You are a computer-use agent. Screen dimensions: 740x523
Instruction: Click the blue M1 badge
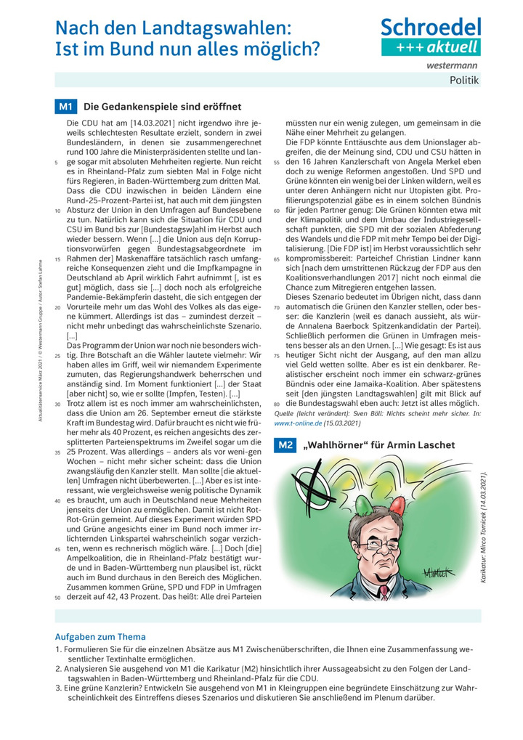[65, 107]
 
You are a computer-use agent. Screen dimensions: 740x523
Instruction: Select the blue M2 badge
[283, 444]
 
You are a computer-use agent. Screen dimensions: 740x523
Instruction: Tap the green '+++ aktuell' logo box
[431, 48]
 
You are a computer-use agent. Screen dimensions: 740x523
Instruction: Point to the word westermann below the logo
[453, 65]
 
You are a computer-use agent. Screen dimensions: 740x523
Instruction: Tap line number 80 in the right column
[277, 402]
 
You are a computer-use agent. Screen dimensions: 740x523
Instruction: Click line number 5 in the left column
[57, 163]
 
